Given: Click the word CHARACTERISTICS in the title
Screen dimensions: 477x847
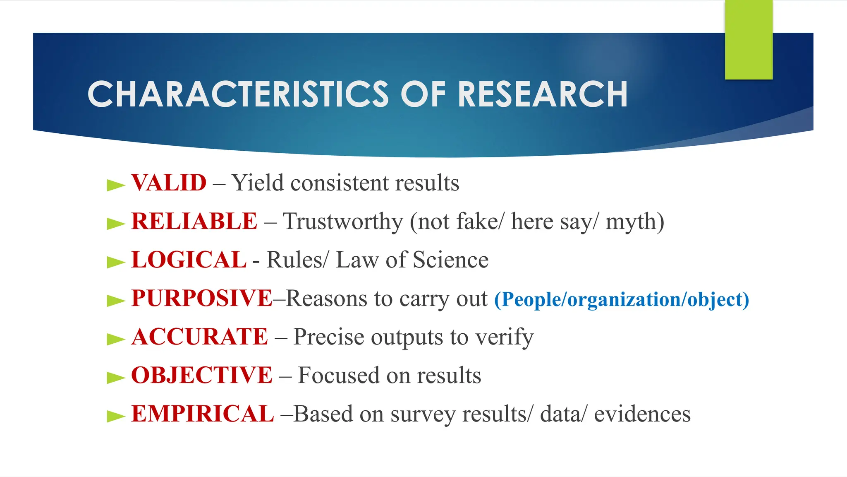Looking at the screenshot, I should click(238, 94).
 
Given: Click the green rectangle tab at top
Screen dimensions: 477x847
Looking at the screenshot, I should click(749, 39).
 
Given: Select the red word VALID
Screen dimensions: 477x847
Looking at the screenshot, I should click(169, 183).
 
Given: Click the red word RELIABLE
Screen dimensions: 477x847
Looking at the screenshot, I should click(194, 221).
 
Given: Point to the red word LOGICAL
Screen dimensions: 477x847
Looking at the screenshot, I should click(189, 260).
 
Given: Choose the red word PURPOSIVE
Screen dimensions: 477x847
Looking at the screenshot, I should click(201, 298).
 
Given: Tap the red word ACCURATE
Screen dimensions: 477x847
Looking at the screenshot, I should click(200, 337).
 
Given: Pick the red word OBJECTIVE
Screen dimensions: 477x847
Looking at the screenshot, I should click(201, 375).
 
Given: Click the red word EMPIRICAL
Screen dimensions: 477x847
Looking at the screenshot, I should click(202, 414).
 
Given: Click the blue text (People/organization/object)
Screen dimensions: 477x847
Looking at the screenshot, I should click(621, 299).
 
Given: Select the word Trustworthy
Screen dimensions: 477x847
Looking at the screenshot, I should click(343, 222).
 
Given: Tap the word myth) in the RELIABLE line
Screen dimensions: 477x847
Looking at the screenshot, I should click(635, 222).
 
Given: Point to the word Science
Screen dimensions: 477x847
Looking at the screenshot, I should click(450, 260).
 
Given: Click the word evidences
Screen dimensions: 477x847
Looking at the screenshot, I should click(642, 414).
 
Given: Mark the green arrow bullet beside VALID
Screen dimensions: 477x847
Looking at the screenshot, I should click(115, 185).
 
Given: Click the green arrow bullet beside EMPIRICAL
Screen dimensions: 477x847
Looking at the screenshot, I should click(115, 416).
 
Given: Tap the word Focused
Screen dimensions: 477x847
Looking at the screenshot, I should click(338, 376).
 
